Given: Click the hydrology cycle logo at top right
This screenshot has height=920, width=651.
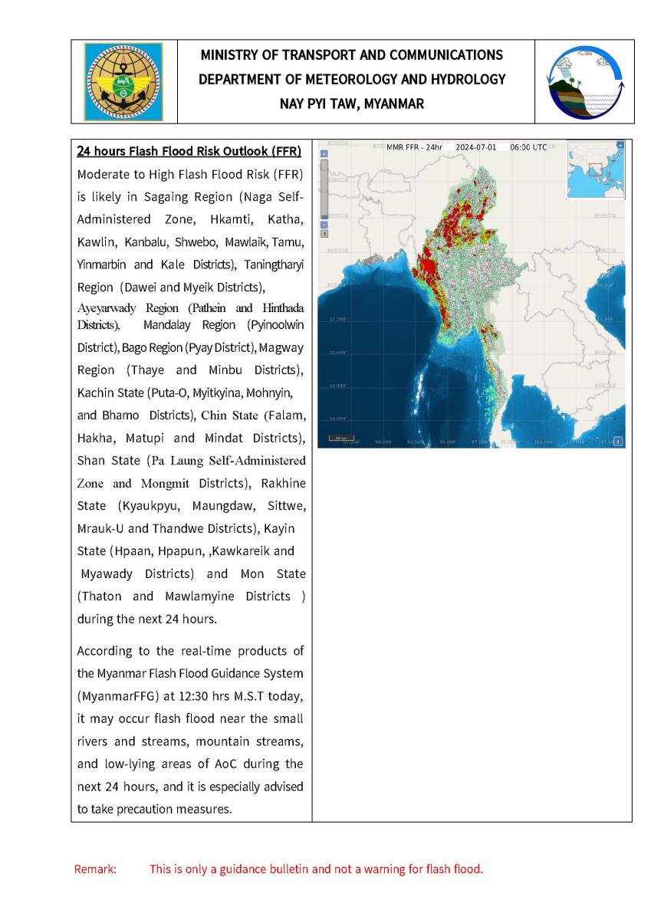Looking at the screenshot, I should (584, 81).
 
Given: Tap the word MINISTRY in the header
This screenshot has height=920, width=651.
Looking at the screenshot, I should (229, 55).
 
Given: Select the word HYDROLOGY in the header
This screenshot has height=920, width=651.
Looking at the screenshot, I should (466, 79).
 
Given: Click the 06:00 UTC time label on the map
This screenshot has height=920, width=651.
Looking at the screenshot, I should (528, 146).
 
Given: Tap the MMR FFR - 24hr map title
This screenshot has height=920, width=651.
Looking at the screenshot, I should (414, 146).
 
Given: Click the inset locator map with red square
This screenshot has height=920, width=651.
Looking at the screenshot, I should (595, 170).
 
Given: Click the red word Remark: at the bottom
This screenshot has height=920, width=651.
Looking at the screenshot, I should (95, 869).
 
